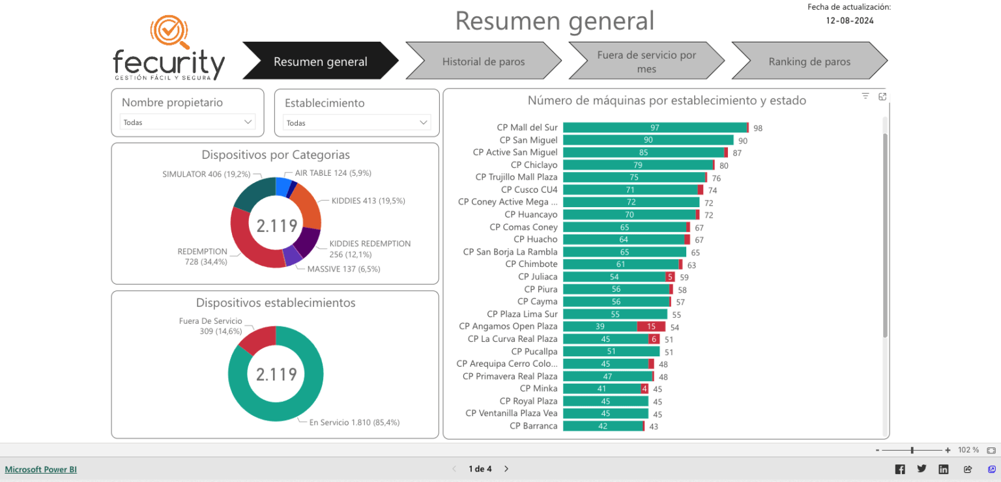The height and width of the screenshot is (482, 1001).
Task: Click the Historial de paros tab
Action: pyautogui.click(x=483, y=62)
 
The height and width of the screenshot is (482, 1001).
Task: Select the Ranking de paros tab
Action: pyautogui.click(x=809, y=62)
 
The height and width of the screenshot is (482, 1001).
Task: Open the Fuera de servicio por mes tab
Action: pyautogui.click(x=646, y=62)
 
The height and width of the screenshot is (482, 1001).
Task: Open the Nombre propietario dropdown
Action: pyautogui.click(x=188, y=122)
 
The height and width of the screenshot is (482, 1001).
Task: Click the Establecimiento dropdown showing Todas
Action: pyautogui.click(x=357, y=122)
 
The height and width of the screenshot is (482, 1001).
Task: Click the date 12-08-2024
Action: pyautogui.click(x=850, y=20)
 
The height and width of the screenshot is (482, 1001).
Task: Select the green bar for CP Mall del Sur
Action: pyautogui.click(x=654, y=128)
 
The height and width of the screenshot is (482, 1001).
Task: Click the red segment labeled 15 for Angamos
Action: pyautogui.click(x=651, y=326)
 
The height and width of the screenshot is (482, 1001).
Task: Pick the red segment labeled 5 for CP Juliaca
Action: pyautogui.click(x=670, y=277)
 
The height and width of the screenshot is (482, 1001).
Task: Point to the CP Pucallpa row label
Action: pyautogui.click(x=534, y=352)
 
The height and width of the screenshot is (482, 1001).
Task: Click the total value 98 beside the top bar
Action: pyautogui.click(x=758, y=128)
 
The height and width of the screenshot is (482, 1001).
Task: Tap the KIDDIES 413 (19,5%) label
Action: pyautogui.click(x=368, y=201)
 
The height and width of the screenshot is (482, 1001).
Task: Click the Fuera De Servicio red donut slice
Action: pyautogui.click(x=257, y=339)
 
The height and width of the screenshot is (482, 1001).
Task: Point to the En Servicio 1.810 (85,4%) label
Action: pyautogui.click(x=354, y=422)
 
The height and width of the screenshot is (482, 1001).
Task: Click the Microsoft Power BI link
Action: pyautogui.click(x=40, y=469)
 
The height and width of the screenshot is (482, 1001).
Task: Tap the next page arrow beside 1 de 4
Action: pyautogui.click(x=506, y=469)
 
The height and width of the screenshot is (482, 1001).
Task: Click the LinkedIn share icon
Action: pyautogui.click(x=943, y=469)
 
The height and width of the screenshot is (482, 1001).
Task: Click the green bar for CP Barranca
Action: pyautogui.click(x=602, y=426)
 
